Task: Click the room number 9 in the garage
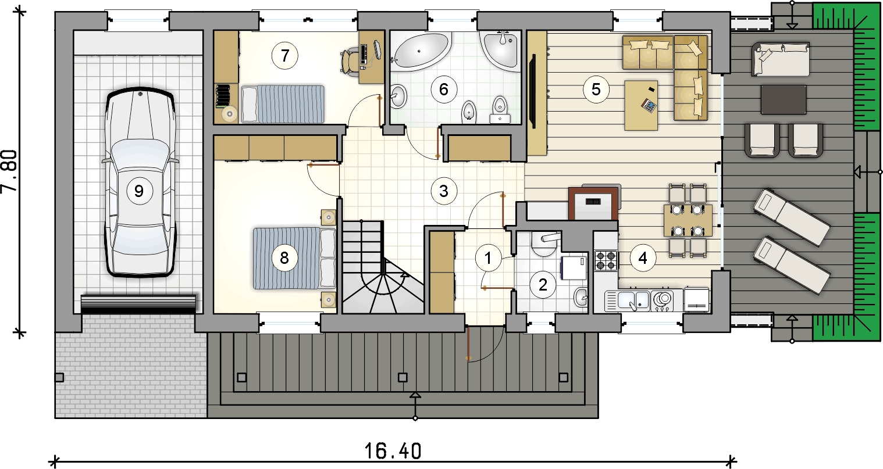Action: point(139,191)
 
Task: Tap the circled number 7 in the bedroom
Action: point(284,56)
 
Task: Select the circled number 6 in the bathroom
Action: point(444,89)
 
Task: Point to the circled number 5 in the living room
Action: point(596,89)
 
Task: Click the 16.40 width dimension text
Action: point(393,451)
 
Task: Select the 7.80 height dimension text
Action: point(9,171)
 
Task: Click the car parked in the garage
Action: point(140,182)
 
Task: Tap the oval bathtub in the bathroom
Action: point(422,52)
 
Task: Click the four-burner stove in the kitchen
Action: point(606,260)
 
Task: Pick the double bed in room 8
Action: point(294,258)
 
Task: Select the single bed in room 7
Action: point(283,104)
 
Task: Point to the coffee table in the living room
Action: point(641,105)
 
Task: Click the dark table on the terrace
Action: point(784,99)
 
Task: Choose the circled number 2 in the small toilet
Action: point(543,285)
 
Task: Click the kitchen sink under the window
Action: point(627,301)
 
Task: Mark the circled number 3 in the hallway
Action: point(444,191)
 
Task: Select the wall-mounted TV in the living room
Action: point(532,91)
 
